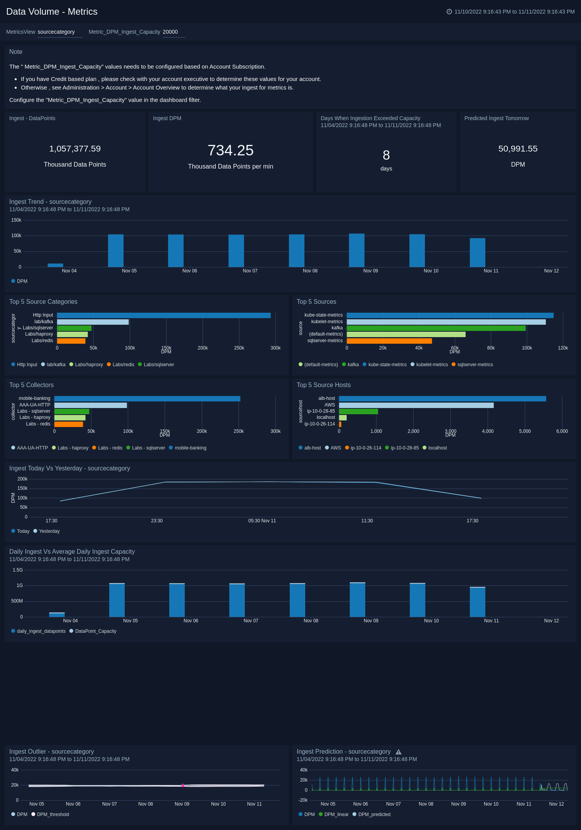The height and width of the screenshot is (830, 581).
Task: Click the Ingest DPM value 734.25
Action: [x=230, y=150]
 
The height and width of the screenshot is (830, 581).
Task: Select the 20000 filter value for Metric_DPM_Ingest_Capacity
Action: [x=170, y=32]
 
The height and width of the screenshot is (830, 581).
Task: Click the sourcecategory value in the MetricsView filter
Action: [x=56, y=32]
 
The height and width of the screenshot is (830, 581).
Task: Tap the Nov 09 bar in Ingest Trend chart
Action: [x=356, y=251]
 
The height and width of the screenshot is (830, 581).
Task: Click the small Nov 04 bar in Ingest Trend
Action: [x=55, y=265]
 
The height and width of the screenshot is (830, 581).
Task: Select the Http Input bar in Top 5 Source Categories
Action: [x=163, y=315]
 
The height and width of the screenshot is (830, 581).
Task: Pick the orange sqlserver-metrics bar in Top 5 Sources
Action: [x=389, y=341]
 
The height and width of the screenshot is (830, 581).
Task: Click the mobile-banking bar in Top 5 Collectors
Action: [x=147, y=399]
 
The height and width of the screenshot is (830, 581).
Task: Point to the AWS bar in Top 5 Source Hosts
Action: [x=416, y=405]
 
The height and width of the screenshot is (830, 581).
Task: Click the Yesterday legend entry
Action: [x=49, y=531]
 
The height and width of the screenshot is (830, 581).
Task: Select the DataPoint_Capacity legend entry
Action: [x=95, y=631]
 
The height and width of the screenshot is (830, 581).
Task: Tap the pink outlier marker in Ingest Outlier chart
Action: [x=182, y=785]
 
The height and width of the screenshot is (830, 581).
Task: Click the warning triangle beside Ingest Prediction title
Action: [x=399, y=752]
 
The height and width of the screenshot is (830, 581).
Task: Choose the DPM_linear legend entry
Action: [x=336, y=815]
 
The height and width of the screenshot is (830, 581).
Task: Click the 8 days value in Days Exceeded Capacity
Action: [x=386, y=155]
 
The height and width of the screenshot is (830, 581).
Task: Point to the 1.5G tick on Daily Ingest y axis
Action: [x=18, y=570]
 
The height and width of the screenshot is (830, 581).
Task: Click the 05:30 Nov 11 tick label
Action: [x=262, y=521]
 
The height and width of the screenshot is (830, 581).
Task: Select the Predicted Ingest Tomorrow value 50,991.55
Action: [x=517, y=149]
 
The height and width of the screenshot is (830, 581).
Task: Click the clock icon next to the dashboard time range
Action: [x=449, y=12]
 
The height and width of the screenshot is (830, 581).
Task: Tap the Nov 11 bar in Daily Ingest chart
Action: [x=477, y=603]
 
